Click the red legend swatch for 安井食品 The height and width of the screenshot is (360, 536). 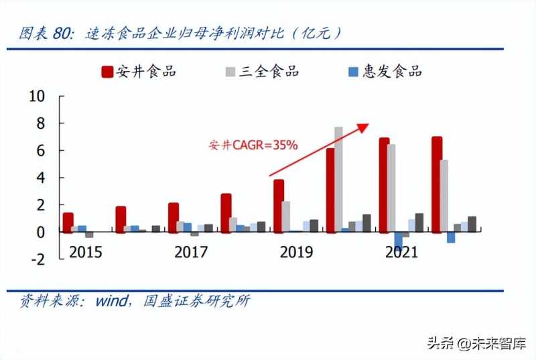pyautogui.click(x=107, y=72)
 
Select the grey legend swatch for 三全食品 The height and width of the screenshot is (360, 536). pyautogui.click(x=230, y=72)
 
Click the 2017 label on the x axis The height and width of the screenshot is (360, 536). pyautogui.click(x=191, y=253)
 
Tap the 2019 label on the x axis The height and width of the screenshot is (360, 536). pyautogui.click(x=295, y=253)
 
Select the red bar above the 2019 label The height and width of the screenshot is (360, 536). pyautogui.click(x=278, y=205)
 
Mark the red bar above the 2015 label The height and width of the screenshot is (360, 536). pyautogui.click(x=68, y=222)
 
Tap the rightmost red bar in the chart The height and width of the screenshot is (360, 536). pyautogui.click(x=437, y=184)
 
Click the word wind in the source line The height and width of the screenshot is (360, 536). pyautogui.click(x=110, y=301)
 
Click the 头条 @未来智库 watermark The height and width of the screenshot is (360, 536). pyautogui.click(x=476, y=343)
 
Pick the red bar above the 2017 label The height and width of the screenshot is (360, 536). pyautogui.click(x=174, y=217)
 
